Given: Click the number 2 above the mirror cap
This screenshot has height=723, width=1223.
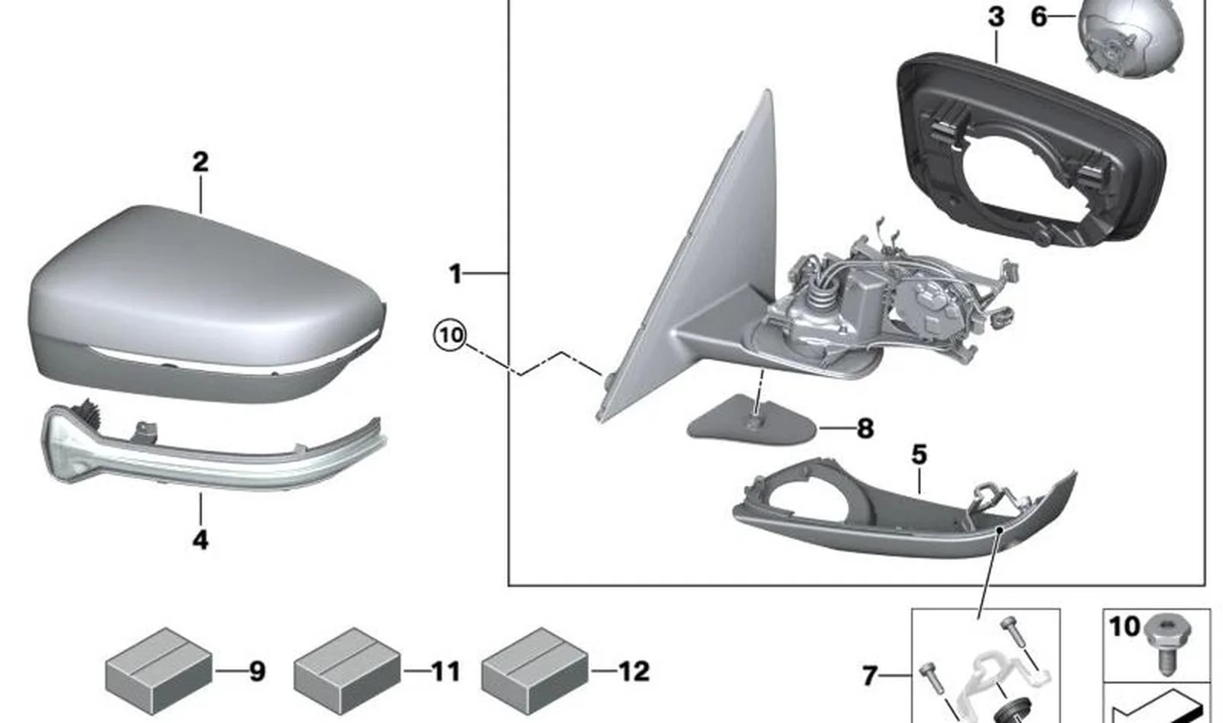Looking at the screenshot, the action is pyautogui.click(x=200, y=162).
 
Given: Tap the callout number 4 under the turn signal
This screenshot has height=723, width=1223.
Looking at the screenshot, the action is pyautogui.click(x=200, y=540).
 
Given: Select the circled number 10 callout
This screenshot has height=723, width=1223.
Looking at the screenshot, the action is pyautogui.click(x=450, y=336).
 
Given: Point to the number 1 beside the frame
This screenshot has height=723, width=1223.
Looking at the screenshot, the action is pyautogui.click(x=456, y=274).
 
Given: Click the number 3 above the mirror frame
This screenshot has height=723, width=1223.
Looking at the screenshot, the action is pyautogui.click(x=996, y=17).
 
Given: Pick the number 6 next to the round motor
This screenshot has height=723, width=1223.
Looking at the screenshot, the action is pyautogui.click(x=1039, y=17).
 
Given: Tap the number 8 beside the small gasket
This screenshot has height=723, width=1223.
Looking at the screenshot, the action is pyautogui.click(x=865, y=429).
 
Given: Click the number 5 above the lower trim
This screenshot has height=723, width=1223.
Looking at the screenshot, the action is pyautogui.click(x=919, y=454).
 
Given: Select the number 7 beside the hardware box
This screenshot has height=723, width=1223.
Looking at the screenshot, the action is pyautogui.click(x=871, y=676).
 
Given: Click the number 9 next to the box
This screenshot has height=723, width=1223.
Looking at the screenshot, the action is pyautogui.click(x=257, y=671).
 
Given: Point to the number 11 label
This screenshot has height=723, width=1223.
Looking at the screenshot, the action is pyautogui.click(x=446, y=671).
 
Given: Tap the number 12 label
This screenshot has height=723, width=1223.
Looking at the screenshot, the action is pyautogui.click(x=634, y=671).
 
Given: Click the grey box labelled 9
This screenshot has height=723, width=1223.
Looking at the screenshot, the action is pyautogui.click(x=159, y=671).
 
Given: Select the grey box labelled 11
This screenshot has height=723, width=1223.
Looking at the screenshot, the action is pyautogui.click(x=347, y=671).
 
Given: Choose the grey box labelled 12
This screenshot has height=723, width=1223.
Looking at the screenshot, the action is pyautogui.click(x=535, y=671).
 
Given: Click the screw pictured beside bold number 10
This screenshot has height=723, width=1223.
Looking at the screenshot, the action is pyautogui.click(x=1169, y=644).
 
